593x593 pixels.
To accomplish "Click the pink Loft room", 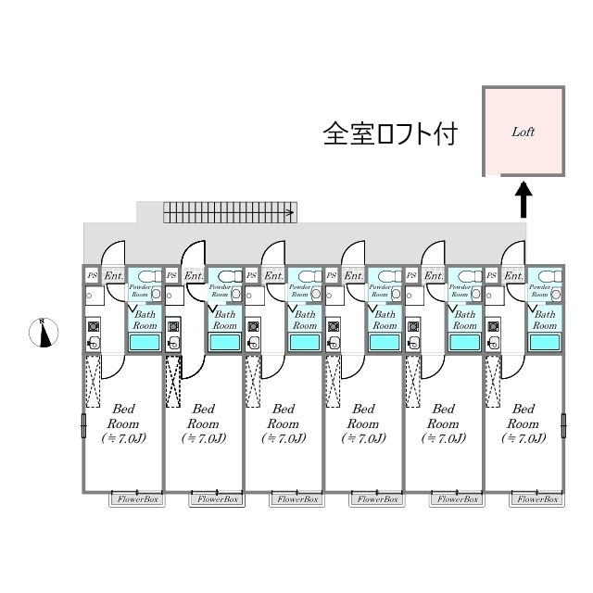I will pos(524,132).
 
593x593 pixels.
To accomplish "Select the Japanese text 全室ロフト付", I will pos(389,133).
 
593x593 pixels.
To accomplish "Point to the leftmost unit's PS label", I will pos(92,275).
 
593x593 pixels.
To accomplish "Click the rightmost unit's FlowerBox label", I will pos(537,499).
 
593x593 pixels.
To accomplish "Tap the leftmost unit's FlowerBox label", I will pos(137,499).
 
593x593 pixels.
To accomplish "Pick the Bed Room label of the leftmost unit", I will pos(125,423).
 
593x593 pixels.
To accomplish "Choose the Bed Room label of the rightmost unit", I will pos(524,423).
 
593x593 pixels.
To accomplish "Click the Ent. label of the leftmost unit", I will pos(113,275).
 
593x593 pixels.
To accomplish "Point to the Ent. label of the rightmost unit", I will pos(514,275).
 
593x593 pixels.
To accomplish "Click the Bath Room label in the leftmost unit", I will pos(145,320).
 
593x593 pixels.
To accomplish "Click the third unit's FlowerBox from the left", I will pos(297,499).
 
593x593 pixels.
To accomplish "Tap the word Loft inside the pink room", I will pos(524,132).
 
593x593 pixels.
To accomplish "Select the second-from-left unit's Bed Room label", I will pos(205,423).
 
